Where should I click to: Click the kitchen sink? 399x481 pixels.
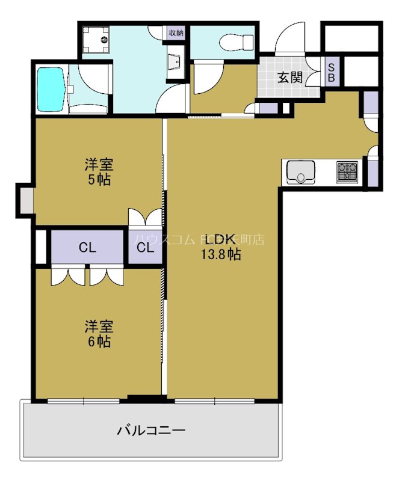(x=299, y=171)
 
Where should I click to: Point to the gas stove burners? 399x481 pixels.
(x=347, y=171)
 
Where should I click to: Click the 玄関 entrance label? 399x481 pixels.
(x=290, y=78)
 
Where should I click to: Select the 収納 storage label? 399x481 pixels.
(x=175, y=32)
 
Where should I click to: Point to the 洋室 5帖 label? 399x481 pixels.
(x=98, y=171)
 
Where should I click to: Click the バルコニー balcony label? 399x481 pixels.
(x=150, y=430)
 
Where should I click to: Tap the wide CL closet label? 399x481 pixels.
(x=87, y=247)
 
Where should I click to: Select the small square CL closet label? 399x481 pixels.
(x=144, y=247)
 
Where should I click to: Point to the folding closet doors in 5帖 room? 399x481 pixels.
(x=145, y=216)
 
